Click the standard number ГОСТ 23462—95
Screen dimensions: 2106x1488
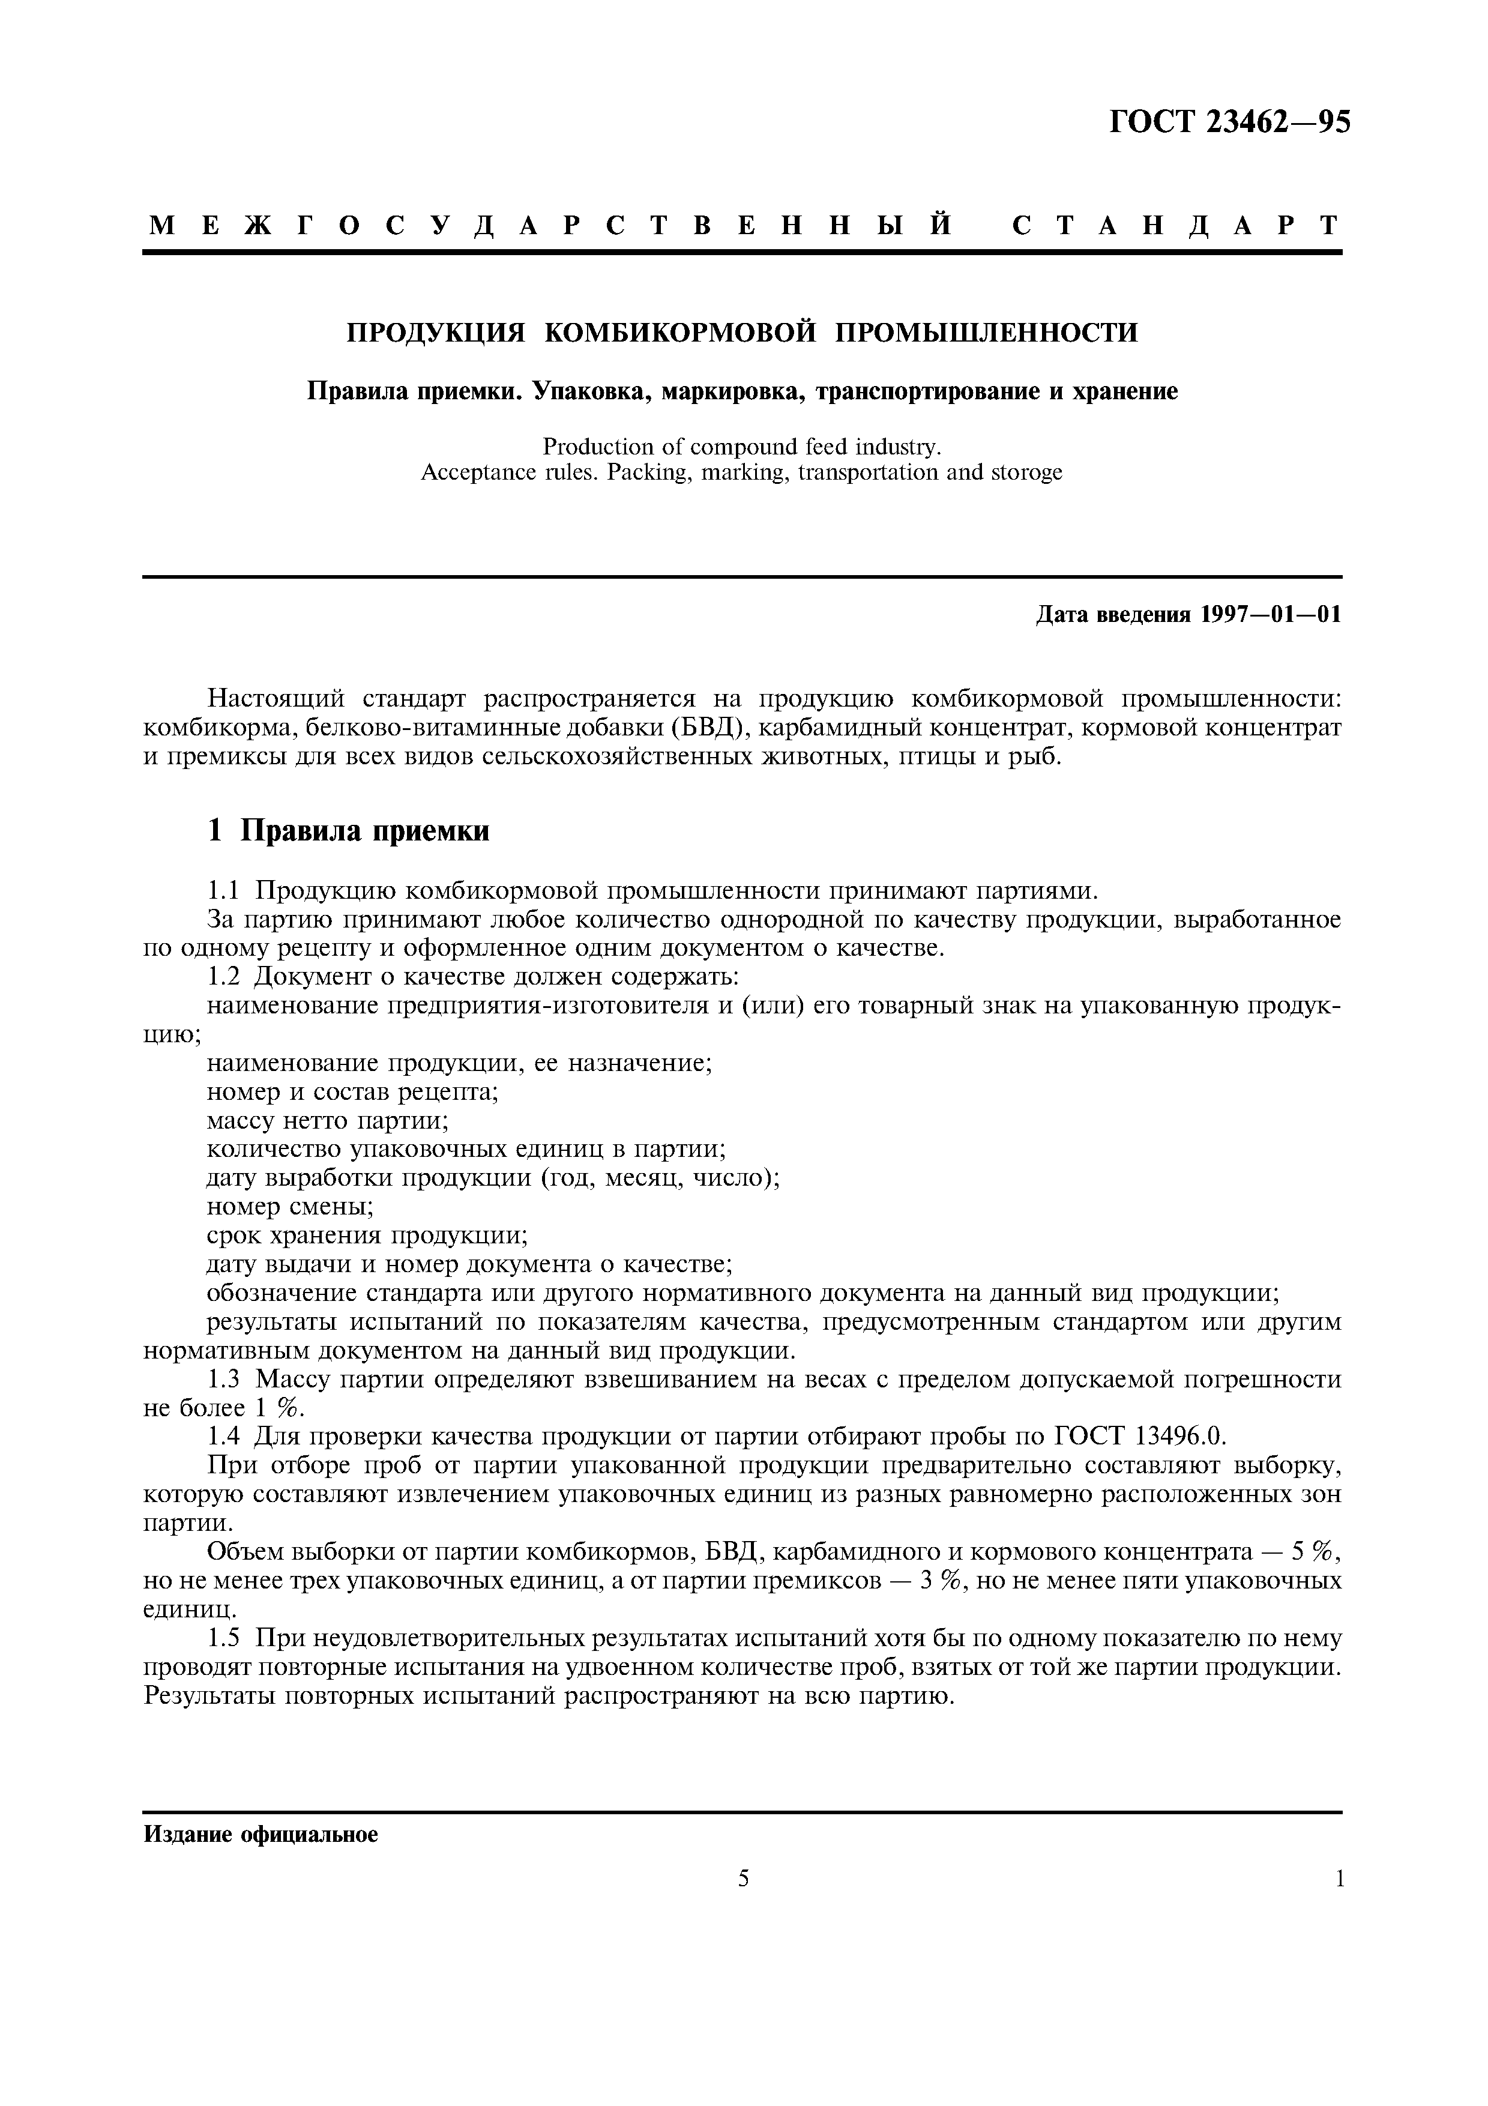click(x=1229, y=122)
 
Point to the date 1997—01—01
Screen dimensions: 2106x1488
click(x=1270, y=615)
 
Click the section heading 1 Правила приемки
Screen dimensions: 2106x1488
click(x=348, y=831)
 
